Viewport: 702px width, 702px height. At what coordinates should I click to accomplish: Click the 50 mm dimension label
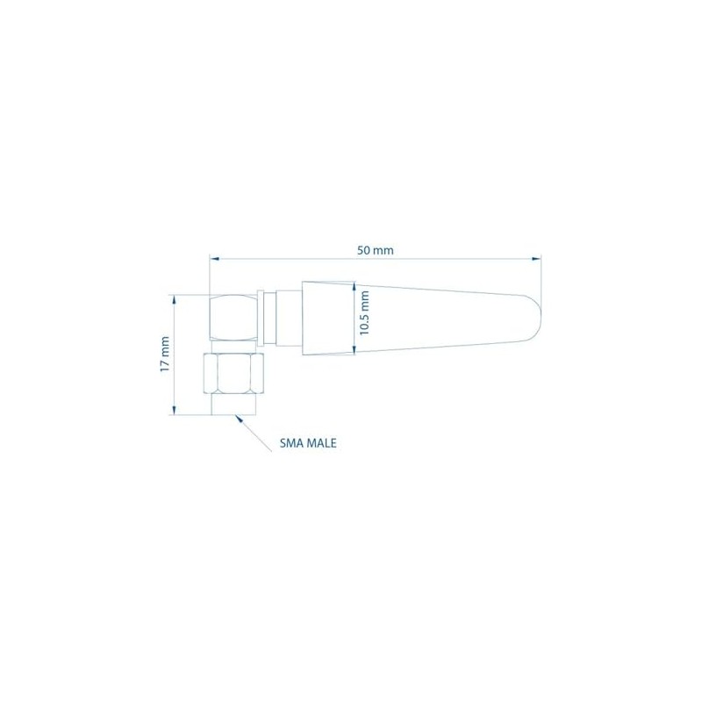[x=376, y=250]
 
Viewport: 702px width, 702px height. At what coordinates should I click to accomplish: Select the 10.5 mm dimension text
[x=365, y=313]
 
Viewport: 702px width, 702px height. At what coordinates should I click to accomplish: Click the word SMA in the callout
[x=290, y=443]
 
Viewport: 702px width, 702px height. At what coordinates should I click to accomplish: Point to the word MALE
[x=320, y=443]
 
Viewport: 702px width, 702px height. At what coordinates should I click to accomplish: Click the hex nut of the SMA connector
[x=233, y=373]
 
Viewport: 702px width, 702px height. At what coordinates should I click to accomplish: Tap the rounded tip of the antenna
[x=534, y=319]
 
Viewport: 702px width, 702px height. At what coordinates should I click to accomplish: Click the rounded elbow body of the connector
[x=233, y=319]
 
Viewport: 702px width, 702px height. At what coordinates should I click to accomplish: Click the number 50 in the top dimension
[x=364, y=250]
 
